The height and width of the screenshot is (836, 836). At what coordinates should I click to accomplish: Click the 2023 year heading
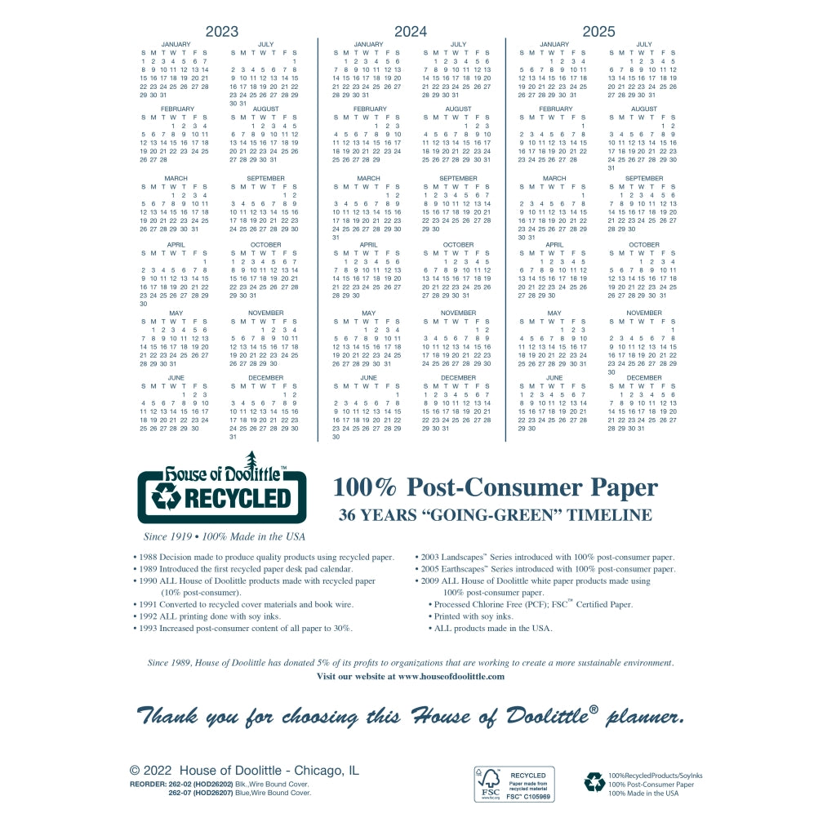pyautogui.click(x=221, y=32)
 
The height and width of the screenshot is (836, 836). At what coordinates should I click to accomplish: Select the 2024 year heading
pyautogui.click(x=411, y=32)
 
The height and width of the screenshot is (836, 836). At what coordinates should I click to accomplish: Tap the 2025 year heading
pyautogui.click(x=598, y=32)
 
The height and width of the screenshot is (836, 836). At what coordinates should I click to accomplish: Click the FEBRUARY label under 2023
pyautogui.click(x=177, y=109)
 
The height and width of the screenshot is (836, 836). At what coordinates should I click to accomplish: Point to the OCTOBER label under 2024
pyautogui.click(x=458, y=245)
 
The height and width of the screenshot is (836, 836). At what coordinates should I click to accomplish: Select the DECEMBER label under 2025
pyautogui.click(x=644, y=378)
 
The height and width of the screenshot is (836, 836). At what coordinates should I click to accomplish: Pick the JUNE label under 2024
pyautogui.click(x=368, y=378)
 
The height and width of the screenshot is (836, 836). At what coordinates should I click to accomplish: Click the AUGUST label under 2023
pyautogui.click(x=265, y=109)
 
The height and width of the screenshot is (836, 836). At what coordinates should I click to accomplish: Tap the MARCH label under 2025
pyautogui.click(x=554, y=178)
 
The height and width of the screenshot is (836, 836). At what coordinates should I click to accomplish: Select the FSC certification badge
pyautogui.click(x=514, y=784)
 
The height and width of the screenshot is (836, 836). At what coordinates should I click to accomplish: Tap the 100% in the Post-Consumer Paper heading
pyautogui.click(x=365, y=487)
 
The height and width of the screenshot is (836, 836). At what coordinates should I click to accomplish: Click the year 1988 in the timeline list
pyautogui.click(x=148, y=557)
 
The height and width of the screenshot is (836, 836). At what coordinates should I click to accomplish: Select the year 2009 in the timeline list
pyautogui.click(x=431, y=580)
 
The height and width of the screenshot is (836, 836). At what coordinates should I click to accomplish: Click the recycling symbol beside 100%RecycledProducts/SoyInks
pyautogui.click(x=594, y=783)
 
